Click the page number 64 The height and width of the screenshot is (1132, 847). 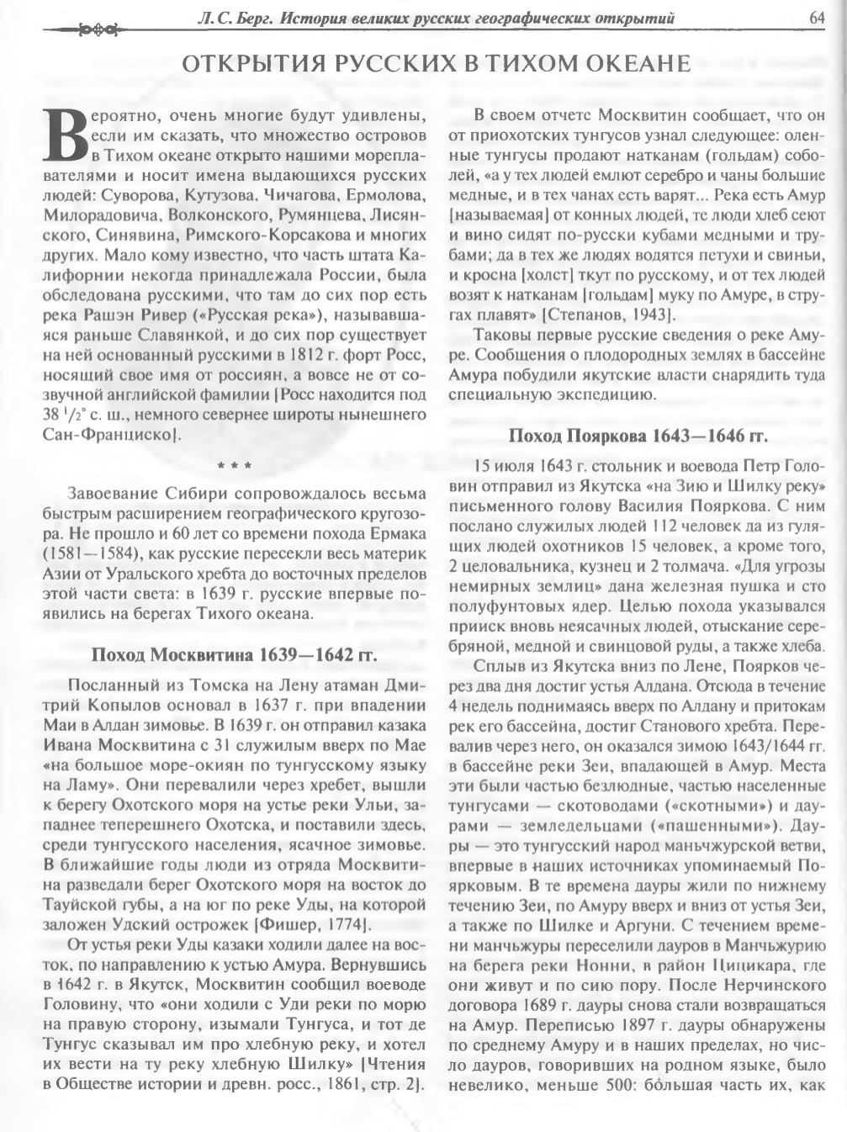(x=817, y=16)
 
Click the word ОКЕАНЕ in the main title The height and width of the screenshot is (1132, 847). (x=630, y=65)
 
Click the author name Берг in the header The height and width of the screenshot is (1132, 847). (x=252, y=17)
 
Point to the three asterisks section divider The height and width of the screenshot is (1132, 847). (x=234, y=464)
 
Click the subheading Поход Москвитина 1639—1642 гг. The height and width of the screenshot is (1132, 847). (x=234, y=655)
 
